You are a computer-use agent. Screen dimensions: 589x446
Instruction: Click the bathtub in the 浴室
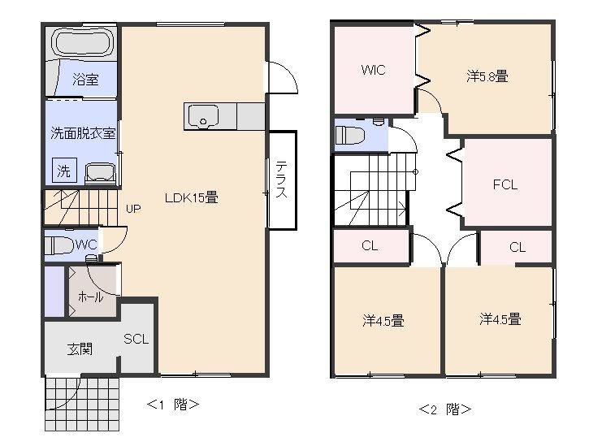click(x=82, y=42)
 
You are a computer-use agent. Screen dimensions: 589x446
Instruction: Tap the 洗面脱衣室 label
click(x=83, y=133)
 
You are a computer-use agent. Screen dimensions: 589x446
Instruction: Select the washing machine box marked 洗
click(x=64, y=171)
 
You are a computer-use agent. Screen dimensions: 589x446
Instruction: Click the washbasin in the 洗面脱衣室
click(x=100, y=174)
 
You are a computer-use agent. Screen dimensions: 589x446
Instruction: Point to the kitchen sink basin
click(x=203, y=116)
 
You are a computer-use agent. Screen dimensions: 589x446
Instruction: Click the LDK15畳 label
click(x=191, y=197)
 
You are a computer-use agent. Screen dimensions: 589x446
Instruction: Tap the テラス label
click(x=281, y=180)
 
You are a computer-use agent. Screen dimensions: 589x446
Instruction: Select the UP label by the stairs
click(x=133, y=209)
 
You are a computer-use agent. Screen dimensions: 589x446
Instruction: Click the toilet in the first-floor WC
click(x=58, y=245)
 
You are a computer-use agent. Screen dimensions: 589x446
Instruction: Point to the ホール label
click(x=90, y=297)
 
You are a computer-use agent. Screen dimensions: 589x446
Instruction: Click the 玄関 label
click(x=80, y=349)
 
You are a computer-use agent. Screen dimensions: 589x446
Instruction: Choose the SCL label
click(x=136, y=340)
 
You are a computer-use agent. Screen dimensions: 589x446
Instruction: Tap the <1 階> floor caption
click(x=173, y=405)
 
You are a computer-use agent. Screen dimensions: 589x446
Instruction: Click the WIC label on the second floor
click(x=373, y=70)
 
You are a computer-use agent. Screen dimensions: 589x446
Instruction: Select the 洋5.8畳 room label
click(x=487, y=76)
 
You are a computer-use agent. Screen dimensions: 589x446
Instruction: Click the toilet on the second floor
click(x=349, y=136)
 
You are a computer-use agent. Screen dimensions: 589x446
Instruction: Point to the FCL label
click(x=505, y=184)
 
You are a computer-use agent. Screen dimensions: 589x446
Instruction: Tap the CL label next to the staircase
click(x=370, y=245)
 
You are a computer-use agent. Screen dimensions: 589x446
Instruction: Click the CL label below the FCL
click(x=518, y=247)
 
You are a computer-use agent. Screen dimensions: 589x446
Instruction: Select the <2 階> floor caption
click(x=445, y=409)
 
